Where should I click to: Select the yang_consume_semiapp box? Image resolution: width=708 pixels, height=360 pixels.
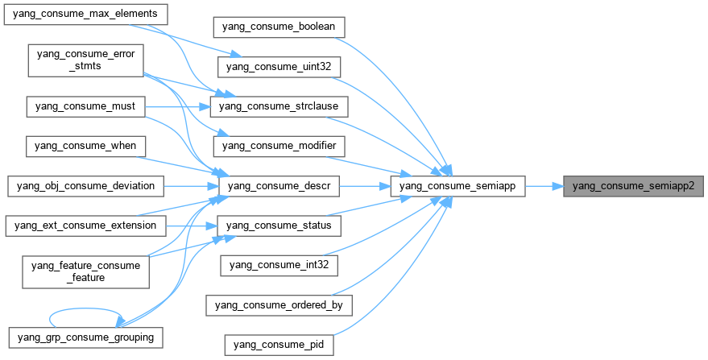pos(458,186)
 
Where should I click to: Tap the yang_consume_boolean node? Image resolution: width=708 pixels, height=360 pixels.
pos(279,27)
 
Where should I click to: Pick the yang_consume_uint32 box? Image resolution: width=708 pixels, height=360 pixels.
pos(279,66)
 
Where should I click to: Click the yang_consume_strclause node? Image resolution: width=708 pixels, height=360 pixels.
pos(279,106)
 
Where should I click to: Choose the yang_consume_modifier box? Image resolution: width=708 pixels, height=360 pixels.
pos(279,146)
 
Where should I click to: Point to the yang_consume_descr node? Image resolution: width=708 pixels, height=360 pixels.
pos(279,186)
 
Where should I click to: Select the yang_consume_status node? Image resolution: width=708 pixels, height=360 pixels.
pos(279,226)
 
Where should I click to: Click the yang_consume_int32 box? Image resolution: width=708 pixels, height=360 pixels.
pos(279,264)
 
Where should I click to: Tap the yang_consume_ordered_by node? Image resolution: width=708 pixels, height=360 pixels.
pos(279,304)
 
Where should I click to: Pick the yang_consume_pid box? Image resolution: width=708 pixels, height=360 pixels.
pos(279,344)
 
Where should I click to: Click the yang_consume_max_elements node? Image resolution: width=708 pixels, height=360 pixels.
pos(85,14)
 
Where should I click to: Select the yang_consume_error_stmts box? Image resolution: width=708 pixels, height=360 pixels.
pos(85,60)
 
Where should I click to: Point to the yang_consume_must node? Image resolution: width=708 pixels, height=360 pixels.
pos(85,106)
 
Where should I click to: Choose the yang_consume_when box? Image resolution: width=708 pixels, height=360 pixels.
pos(85,146)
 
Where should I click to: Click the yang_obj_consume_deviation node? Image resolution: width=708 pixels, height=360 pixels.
pos(85,186)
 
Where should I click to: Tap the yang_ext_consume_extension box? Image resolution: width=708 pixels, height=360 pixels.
pos(85,226)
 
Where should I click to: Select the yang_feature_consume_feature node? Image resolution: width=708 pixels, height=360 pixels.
pos(85,271)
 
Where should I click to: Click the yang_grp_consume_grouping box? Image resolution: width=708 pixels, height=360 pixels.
pos(85,334)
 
